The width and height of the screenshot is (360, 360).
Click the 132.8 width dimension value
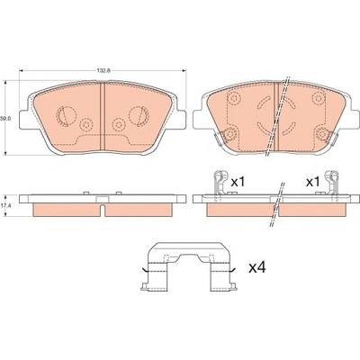pos(103,71)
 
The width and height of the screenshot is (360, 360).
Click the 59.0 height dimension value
pos(5,119)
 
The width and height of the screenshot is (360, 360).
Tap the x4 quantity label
pos(257,267)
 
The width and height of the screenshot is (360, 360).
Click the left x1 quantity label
pos(238,182)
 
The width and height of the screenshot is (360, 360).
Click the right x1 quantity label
pos(312,182)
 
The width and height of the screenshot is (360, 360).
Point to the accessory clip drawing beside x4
pos(189,267)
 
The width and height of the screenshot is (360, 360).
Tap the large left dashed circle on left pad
pos(67,115)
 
